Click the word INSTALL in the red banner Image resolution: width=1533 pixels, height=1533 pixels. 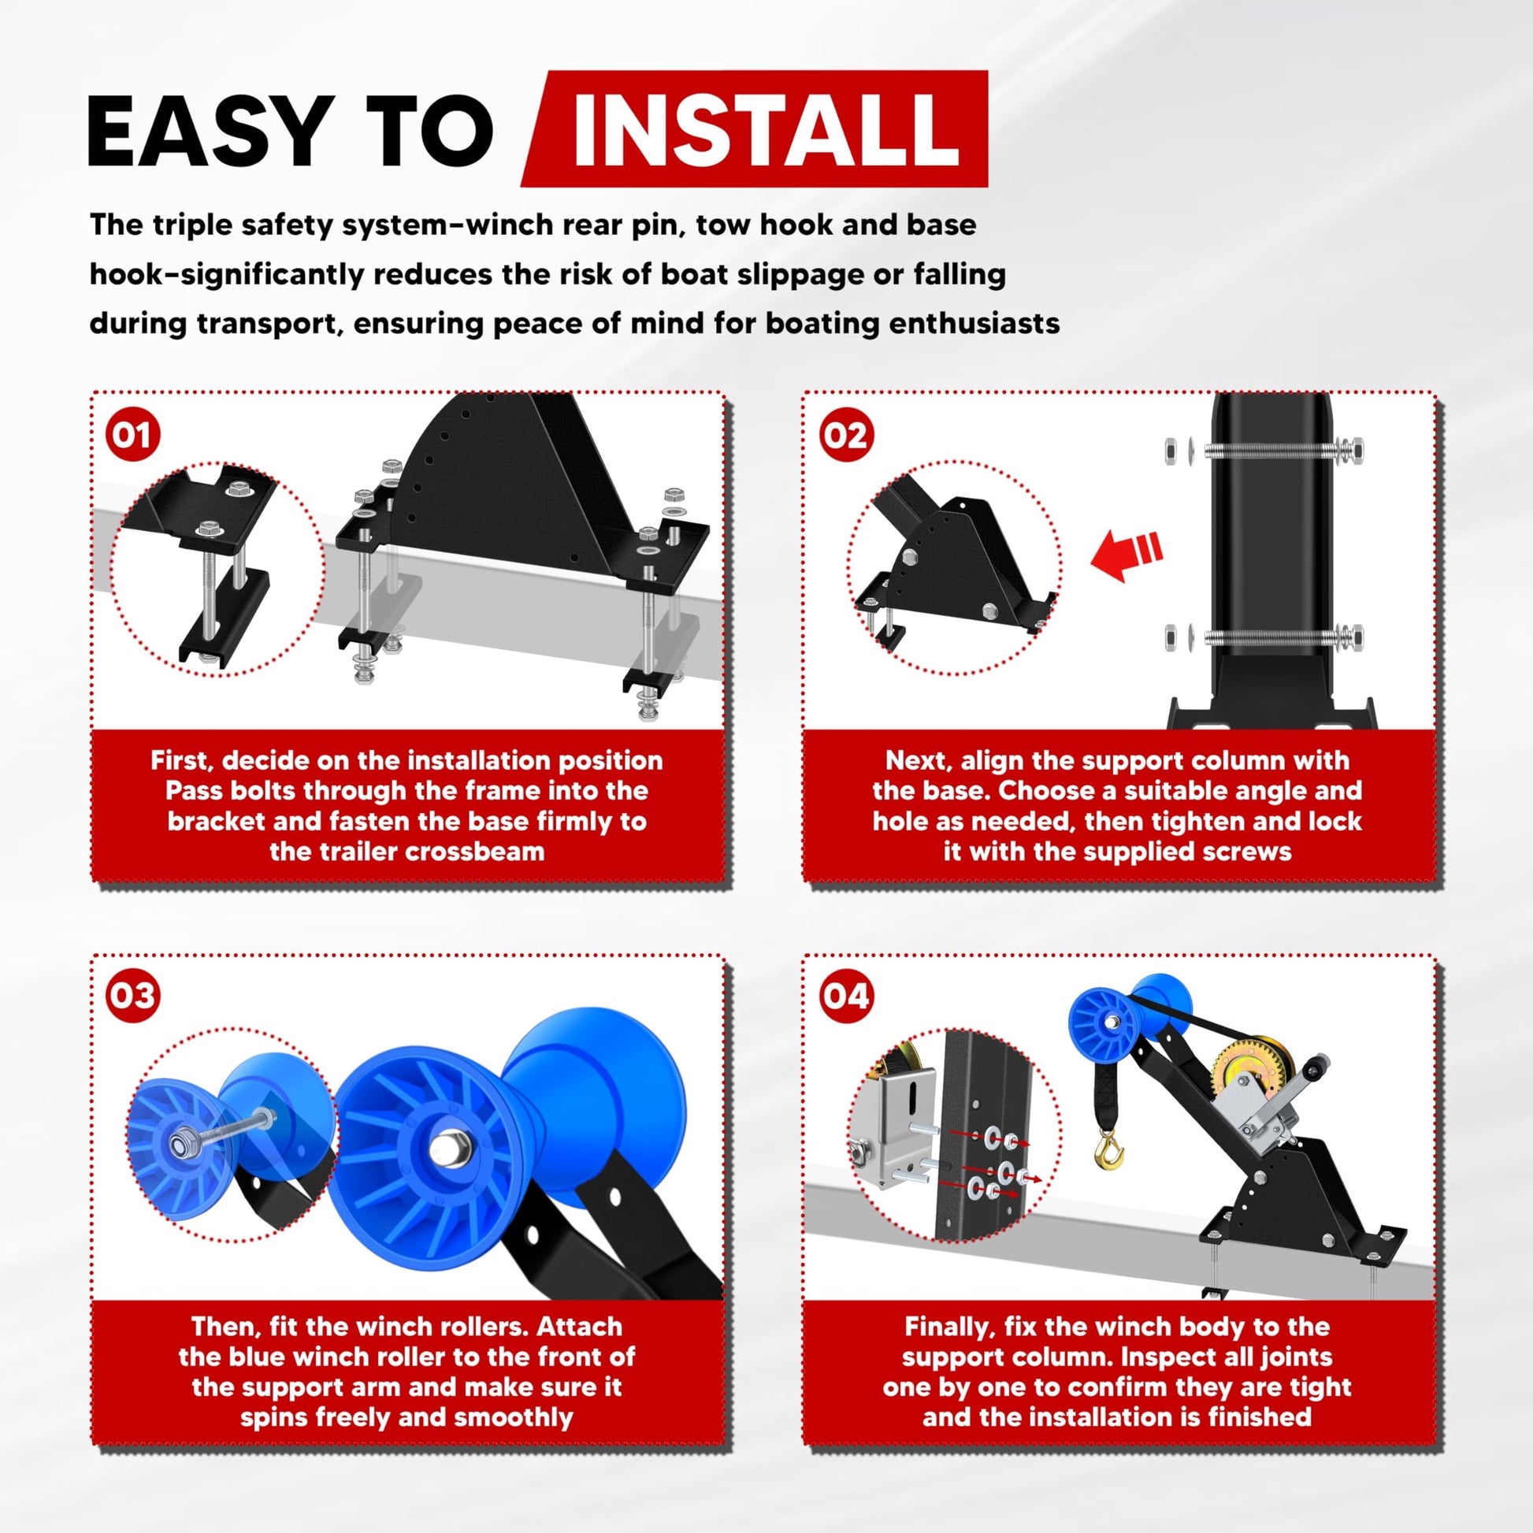(x=766, y=129)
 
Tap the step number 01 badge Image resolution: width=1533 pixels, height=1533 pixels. (x=132, y=435)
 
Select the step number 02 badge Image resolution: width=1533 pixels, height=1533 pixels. (x=845, y=435)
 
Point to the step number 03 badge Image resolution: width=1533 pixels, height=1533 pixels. (x=132, y=996)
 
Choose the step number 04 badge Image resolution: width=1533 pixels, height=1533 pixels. (x=845, y=996)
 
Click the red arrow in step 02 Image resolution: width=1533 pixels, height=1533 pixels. (x=1127, y=553)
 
